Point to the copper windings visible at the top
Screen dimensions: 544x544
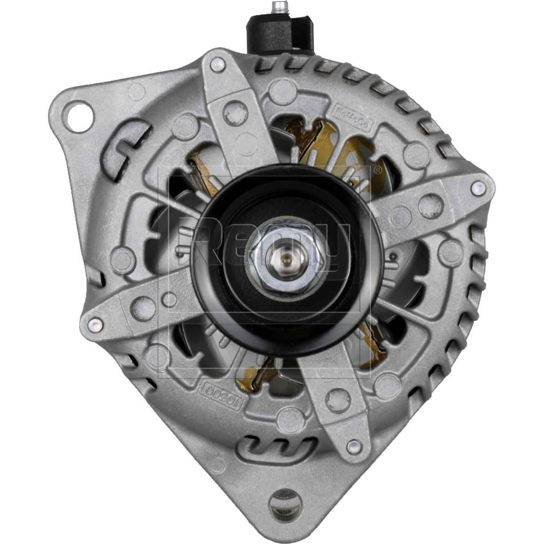[x=319, y=145]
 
